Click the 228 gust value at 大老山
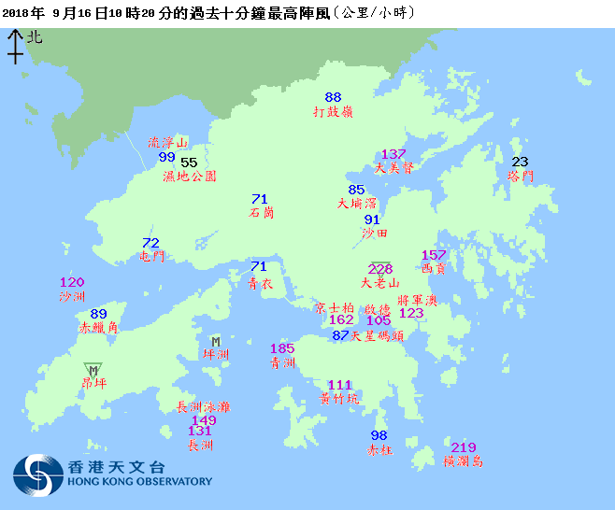(x=380, y=269)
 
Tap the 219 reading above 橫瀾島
(x=464, y=447)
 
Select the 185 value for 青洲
(x=282, y=348)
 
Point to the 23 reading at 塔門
(x=520, y=162)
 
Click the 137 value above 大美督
(x=393, y=154)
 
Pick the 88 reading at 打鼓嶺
(x=334, y=97)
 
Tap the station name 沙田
(x=374, y=233)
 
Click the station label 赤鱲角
(x=97, y=328)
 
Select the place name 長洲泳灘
(x=203, y=406)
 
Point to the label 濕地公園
(x=190, y=176)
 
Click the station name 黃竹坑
(x=339, y=398)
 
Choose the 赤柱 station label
(x=379, y=449)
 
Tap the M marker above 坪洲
(x=216, y=341)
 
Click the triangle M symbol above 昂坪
(x=93, y=370)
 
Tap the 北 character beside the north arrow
(x=35, y=37)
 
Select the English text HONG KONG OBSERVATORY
(x=140, y=482)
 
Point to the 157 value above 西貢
(x=434, y=255)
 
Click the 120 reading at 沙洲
(x=72, y=282)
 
